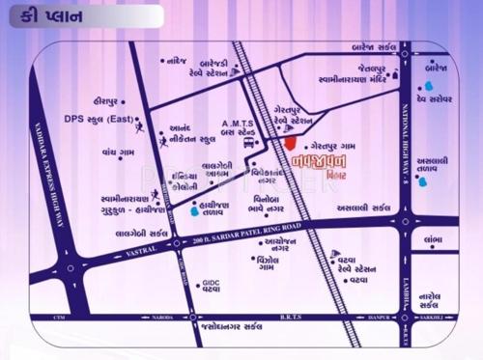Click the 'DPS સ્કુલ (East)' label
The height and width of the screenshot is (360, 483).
[98, 119]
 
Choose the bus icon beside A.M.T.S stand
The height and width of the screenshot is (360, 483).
[249, 143]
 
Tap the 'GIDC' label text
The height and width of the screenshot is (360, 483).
[210, 283]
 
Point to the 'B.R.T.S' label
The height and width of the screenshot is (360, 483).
[292, 317]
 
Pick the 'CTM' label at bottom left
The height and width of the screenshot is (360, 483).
[58, 317]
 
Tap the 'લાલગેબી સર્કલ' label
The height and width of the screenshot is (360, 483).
[143, 234]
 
